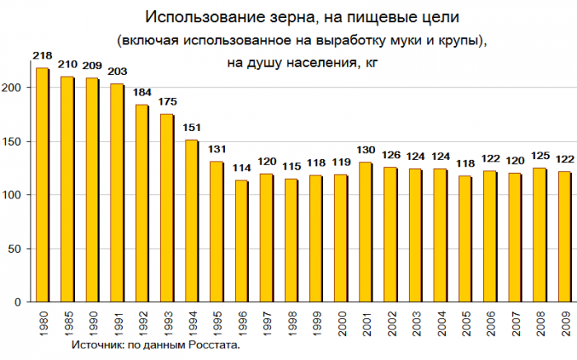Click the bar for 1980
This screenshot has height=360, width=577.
click(x=42, y=185)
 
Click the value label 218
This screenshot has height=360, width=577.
click(x=42, y=55)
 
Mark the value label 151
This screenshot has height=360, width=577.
click(x=190, y=128)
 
